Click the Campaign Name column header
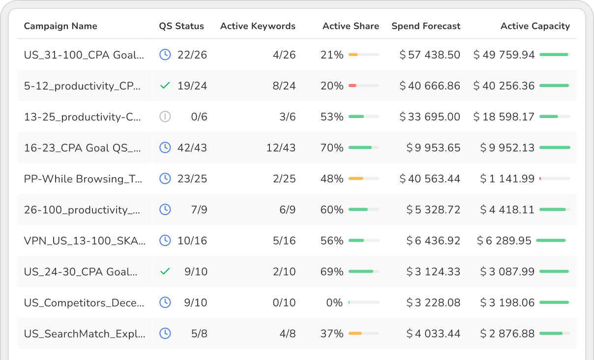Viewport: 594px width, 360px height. [x=60, y=26]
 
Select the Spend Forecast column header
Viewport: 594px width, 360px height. [x=426, y=26]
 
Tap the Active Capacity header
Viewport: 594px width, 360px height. [x=535, y=26]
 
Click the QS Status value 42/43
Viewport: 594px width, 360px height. [x=192, y=148]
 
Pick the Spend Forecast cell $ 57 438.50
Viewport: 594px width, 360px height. [x=430, y=55]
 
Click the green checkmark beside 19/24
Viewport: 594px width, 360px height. [x=165, y=86]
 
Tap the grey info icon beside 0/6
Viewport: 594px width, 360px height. [x=165, y=117]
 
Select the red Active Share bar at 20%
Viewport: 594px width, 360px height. [x=353, y=86]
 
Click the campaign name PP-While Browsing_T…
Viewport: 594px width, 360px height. [x=84, y=179]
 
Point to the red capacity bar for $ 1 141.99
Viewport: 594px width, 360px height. [x=540, y=179]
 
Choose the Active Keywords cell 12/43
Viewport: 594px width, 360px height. [x=281, y=148]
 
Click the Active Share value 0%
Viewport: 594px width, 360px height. [x=334, y=302]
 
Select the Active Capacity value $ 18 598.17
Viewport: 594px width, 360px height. [x=504, y=117]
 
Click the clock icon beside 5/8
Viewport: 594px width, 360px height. [x=165, y=333]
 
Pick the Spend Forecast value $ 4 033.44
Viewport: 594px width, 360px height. [x=433, y=333]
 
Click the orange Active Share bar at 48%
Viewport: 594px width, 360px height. [x=356, y=179]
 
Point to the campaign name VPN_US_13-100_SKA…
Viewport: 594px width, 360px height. [x=85, y=240]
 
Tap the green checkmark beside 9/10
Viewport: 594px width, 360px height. [x=165, y=271]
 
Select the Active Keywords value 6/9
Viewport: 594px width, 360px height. [x=287, y=210]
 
